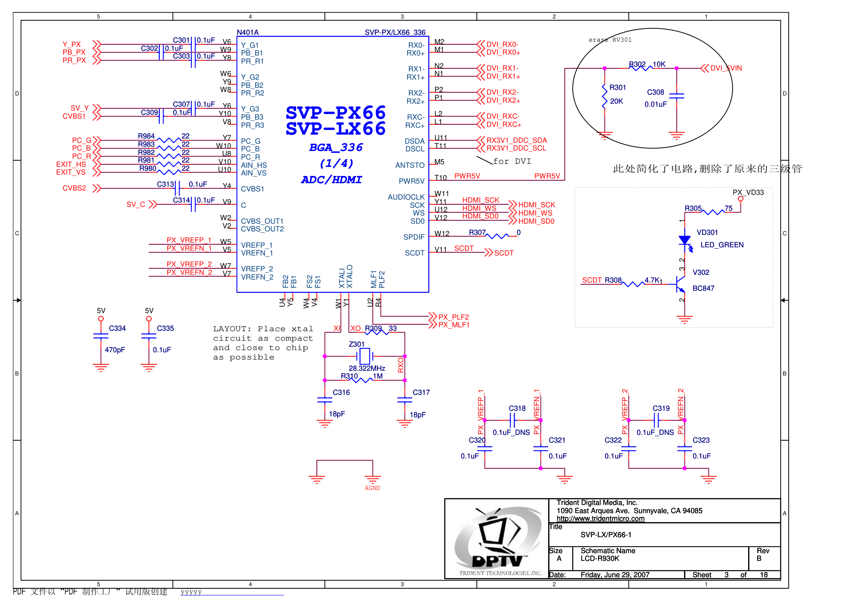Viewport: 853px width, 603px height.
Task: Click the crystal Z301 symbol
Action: (365, 356)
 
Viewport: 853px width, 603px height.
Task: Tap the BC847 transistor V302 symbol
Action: (680, 283)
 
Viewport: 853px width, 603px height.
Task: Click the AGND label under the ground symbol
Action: (372, 488)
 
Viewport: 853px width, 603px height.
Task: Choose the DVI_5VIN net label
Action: (726, 68)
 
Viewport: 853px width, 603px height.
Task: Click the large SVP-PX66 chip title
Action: (335, 113)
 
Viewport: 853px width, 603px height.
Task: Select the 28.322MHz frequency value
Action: (367, 368)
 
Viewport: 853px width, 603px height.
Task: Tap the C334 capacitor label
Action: (117, 328)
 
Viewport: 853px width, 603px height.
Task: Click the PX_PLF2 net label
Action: (454, 317)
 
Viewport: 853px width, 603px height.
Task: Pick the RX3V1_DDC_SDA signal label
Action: (516, 140)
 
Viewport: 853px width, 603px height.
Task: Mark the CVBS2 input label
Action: (74, 188)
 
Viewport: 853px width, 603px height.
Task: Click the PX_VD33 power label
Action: (748, 192)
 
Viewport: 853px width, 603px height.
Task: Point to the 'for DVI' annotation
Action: (512, 161)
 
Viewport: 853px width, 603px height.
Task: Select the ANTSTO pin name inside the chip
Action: (410, 165)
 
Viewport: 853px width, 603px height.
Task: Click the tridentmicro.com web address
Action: (601, 518)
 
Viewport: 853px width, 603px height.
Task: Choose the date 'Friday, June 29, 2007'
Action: (615, 575)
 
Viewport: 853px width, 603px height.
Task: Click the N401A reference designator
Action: (248, 32)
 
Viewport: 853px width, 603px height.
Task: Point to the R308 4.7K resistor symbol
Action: (633, 284)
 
